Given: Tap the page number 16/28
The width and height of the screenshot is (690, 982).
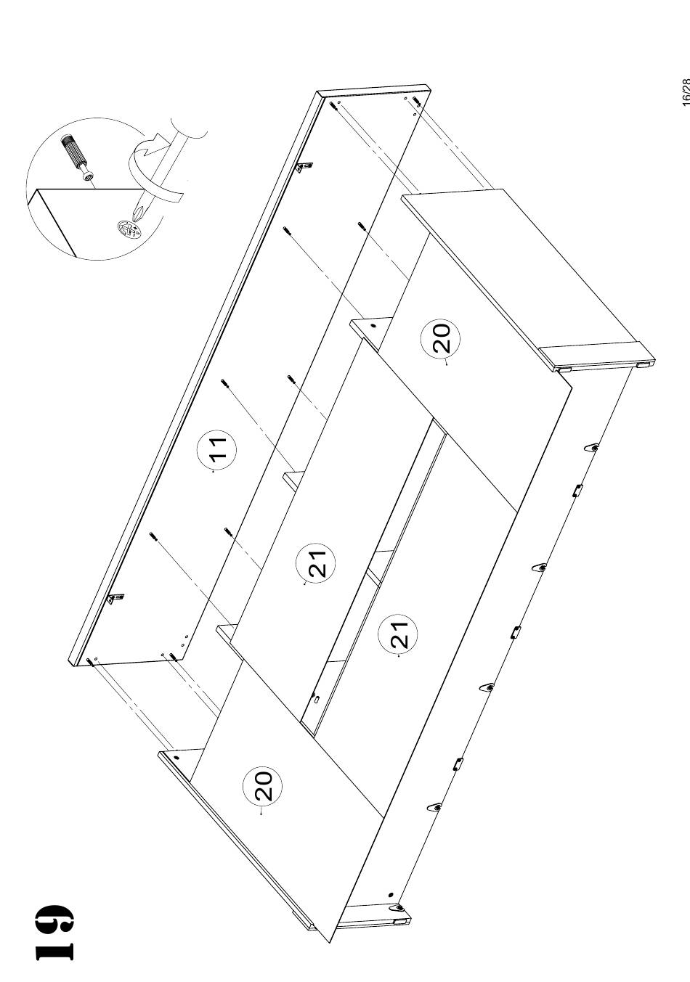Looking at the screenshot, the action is pyautogui.click(x=685, y=91).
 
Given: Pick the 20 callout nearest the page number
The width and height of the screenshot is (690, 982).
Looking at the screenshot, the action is pyautogui.click(x=440, y=338).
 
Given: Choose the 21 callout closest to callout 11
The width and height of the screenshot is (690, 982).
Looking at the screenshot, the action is pyautogui.click(x=316, y=563).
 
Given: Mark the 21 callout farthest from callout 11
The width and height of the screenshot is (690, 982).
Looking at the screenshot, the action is pyautogui.click(x=398, y=634).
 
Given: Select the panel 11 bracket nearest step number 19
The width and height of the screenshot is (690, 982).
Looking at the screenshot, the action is pyautogui.click(x=116, y=597).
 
